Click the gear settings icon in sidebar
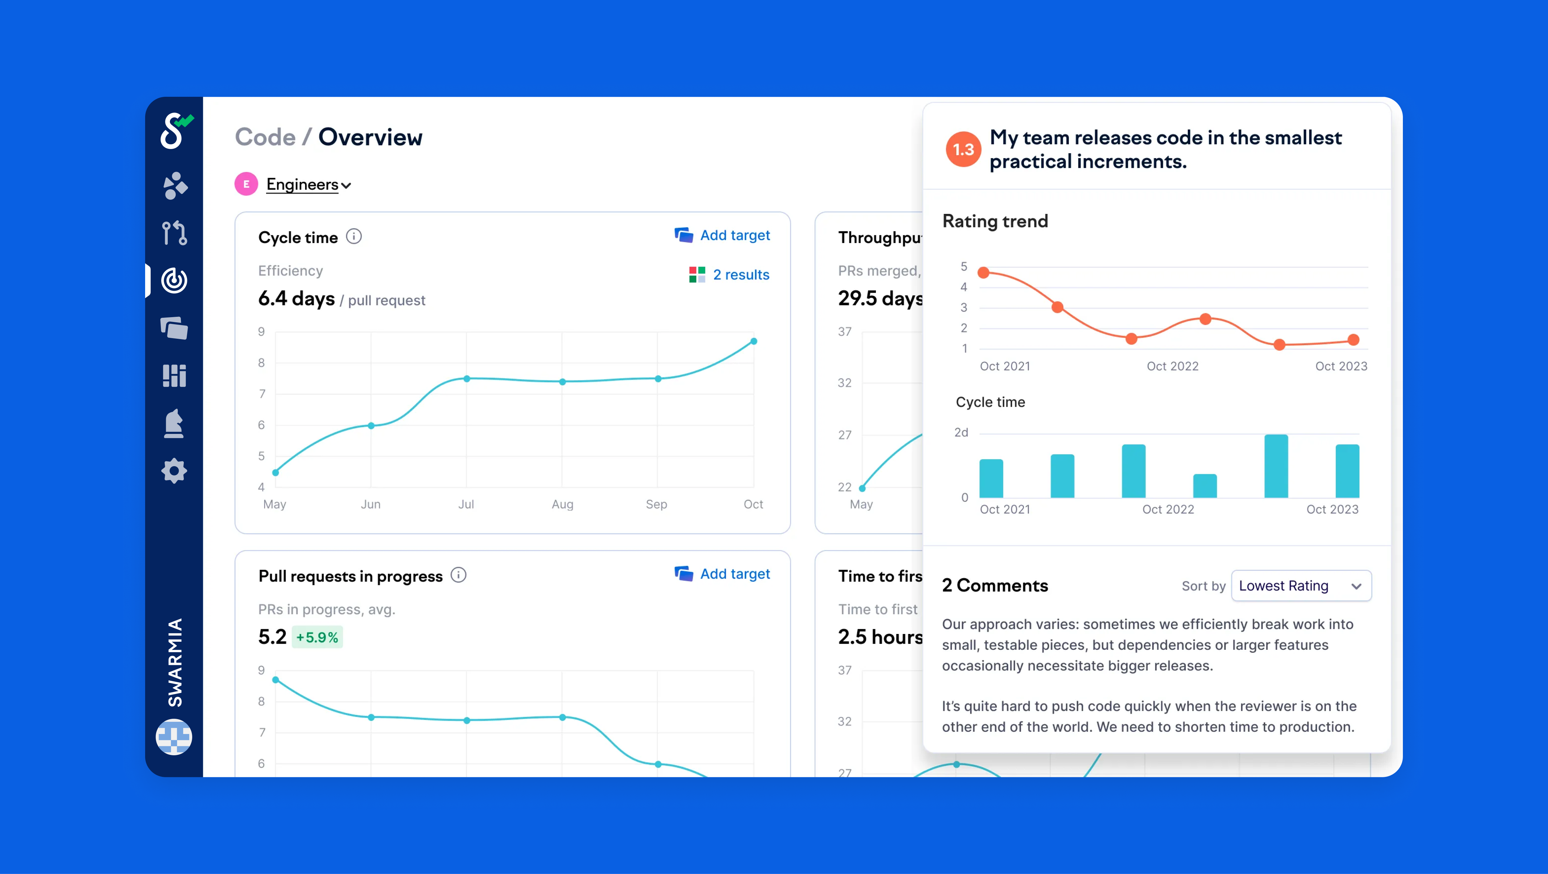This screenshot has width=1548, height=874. pyautogui.click(x=174, y=471)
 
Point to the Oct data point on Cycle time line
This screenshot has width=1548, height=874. pyautogui.click(x=754, y=341)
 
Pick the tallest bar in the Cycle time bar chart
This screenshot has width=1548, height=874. pyautogui.click(x=1276, y=466)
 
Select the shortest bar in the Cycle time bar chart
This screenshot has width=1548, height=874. pyautogui.click(x=1205, y=486)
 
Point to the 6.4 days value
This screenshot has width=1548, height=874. pyautogui.click(x=296, y=299)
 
